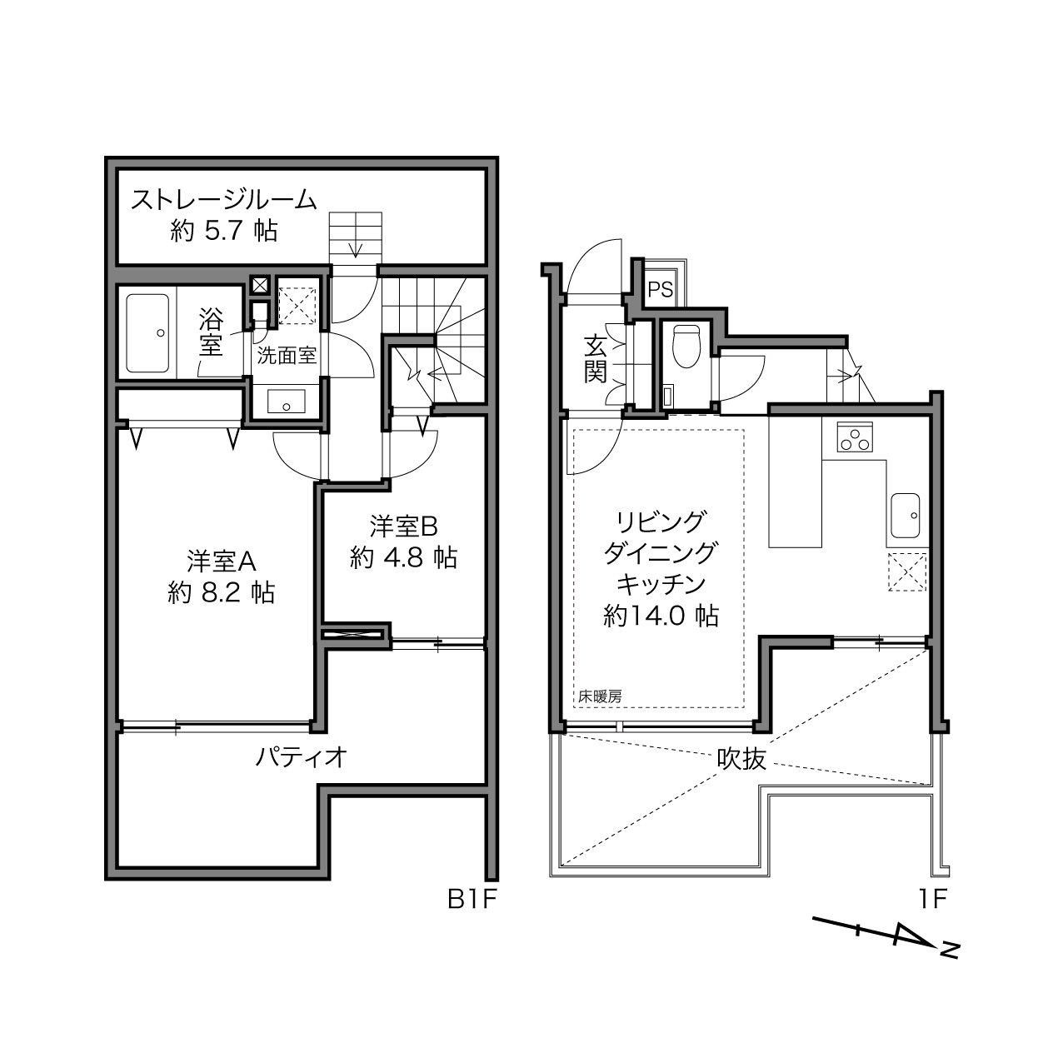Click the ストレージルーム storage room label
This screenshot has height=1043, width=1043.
(223, 200)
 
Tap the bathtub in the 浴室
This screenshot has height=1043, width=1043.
(147, 333)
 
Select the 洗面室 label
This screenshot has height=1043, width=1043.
(287, 356)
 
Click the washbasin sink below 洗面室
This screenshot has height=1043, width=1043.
(287, 402)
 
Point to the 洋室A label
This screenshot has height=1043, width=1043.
(222, 561)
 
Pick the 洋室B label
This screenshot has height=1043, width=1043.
(404, 526)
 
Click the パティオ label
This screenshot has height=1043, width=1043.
(301, 756)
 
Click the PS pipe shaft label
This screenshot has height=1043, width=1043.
(661, 290)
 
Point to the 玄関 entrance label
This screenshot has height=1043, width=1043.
(595, 359)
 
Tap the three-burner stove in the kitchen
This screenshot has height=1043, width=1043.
(855, 437)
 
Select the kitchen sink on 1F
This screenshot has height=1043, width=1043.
(905, 516)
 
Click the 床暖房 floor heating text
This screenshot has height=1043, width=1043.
(600, 697)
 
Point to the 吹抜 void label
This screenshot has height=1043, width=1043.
(741, 760)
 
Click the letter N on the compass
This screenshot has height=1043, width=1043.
(950, 965)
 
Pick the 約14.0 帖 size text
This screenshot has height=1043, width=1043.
(661, 616)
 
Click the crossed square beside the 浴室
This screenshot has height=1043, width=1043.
(260, 285)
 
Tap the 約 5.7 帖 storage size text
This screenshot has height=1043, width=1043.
(224, 232)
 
